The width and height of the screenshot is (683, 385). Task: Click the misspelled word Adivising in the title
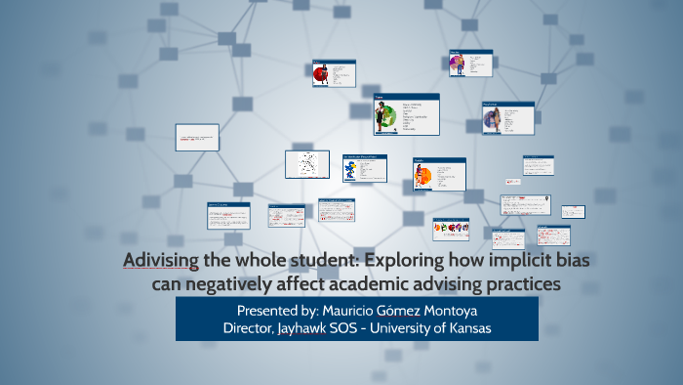[x=161, y=262]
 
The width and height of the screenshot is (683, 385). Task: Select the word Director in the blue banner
[x=252, y=328]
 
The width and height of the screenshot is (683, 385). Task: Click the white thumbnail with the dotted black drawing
[x=306, y=163]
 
